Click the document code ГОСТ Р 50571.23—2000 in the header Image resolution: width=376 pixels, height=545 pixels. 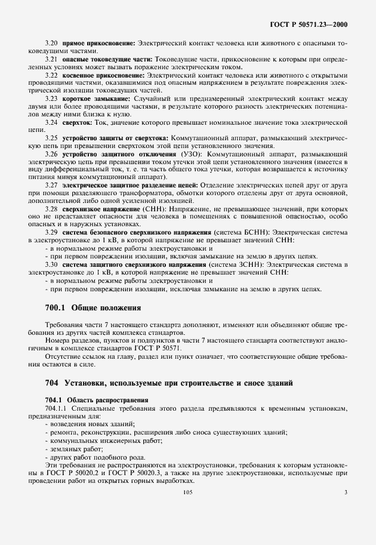point(309,24)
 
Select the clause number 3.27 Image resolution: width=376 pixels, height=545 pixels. point(52,185)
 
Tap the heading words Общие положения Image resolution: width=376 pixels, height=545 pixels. point(106,309)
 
